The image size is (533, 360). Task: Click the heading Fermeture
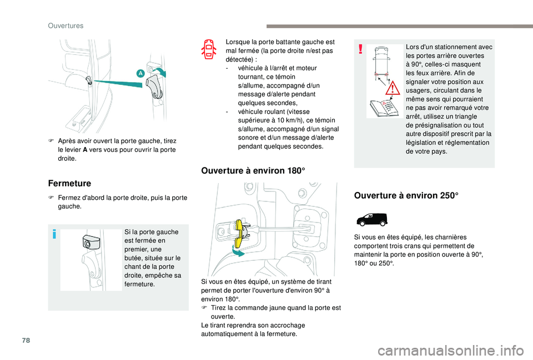pyautogui.click(x=69, y=182)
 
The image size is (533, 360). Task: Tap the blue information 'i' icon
pyautogui.click(x=54, y=234)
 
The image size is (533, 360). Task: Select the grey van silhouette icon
pyautogui.click(x=371, y=219)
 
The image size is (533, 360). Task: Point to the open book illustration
pyautogui.click(x=381, y=105)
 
